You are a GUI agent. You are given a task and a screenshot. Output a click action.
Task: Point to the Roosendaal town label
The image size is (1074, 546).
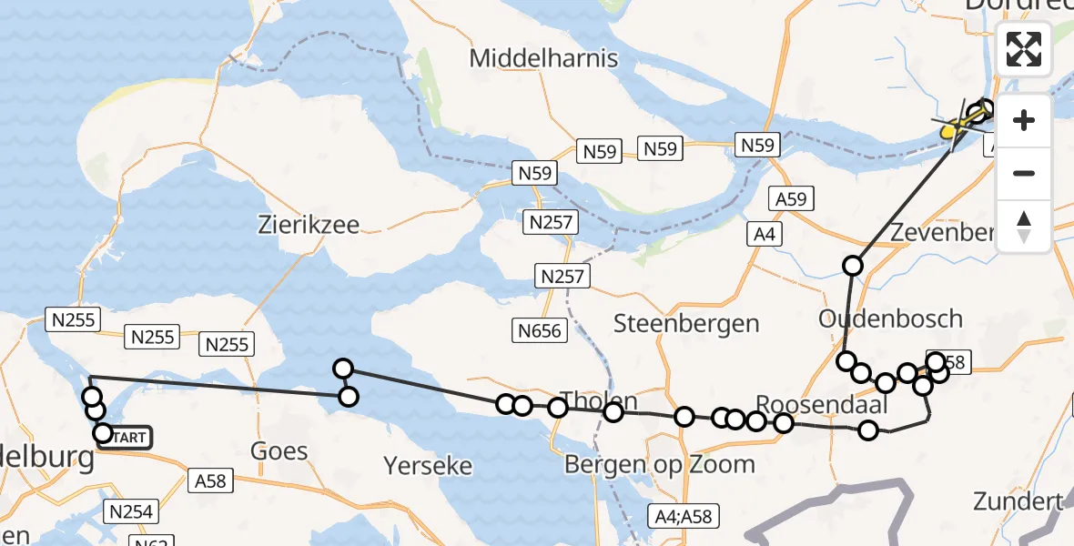(x=815, y=404)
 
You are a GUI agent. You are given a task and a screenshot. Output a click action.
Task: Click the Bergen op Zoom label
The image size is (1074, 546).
(x=660, y=464)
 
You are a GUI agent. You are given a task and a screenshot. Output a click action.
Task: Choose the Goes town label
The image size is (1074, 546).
(x=279, y=450)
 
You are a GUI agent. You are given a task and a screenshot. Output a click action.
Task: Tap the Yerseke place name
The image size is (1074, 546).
(x=428, y=466)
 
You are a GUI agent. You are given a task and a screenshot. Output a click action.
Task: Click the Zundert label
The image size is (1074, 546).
(x=1018, y=500)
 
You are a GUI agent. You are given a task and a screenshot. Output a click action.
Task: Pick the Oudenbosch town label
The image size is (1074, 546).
(x=890, y=318)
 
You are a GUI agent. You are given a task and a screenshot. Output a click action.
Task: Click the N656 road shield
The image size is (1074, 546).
(x=541, y=330)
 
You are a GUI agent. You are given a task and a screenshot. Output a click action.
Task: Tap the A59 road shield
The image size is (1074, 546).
(x=791, y=199)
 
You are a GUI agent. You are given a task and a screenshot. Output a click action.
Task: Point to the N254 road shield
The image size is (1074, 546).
(x=131, y=511)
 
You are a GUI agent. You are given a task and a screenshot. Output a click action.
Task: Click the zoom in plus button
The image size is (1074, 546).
(x=1024, y=120)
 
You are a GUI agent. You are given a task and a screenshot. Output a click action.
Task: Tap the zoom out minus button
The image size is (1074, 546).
(x=1024, y=173)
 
